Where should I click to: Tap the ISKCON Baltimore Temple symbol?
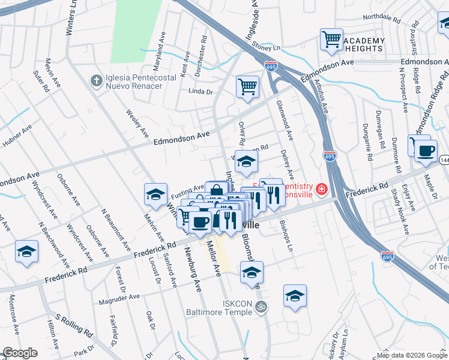coord(260,307)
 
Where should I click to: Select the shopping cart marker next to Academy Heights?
coord(331,40)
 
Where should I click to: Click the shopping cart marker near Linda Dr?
coord(247,88)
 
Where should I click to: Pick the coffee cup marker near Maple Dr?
coord(426,150)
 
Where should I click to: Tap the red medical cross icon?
coord(322,190)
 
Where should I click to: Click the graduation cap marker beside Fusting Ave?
coord(155,195)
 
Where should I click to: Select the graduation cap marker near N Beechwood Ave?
coord(26,252)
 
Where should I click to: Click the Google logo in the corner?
coord(19,353)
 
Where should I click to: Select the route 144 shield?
coord(445,160)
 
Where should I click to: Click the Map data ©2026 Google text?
coord(411,355)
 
